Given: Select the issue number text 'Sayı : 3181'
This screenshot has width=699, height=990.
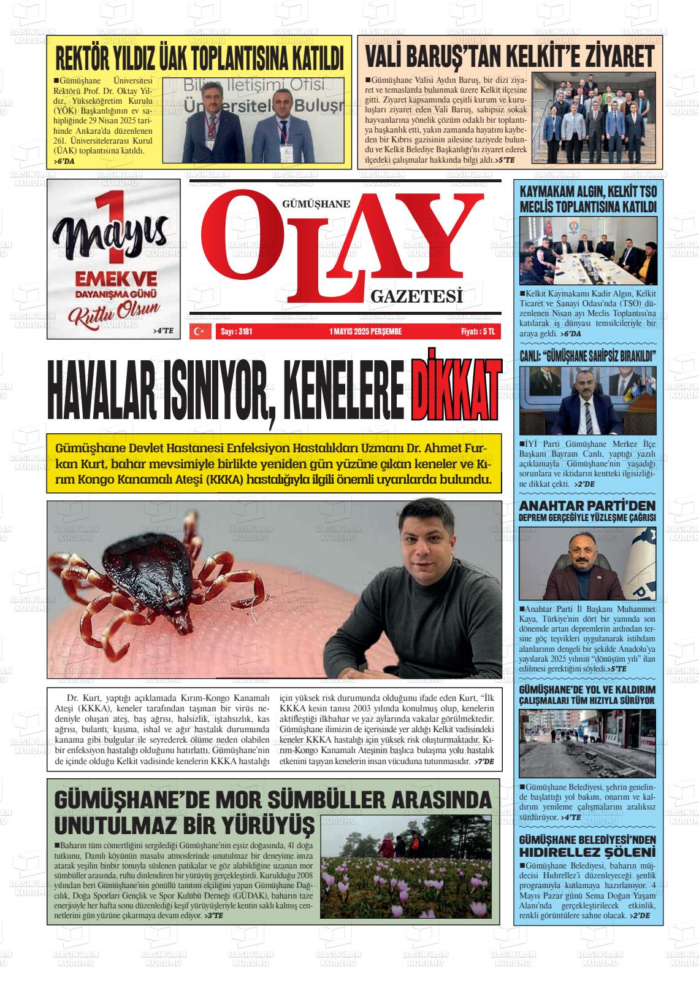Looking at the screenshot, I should [236, 331].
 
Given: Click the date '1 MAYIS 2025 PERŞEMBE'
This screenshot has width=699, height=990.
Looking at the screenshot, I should [365, 331].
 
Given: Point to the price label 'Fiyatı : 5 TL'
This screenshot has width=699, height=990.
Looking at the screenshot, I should [478, 331].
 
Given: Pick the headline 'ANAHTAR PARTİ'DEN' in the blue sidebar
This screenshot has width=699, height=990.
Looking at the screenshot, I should [587, 506].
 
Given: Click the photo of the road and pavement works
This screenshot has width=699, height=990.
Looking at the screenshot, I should [587, 743].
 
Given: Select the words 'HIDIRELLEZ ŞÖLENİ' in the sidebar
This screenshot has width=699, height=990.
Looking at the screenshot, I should [587, 852].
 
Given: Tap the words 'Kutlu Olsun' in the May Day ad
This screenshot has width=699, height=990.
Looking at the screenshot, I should [114, 312].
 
